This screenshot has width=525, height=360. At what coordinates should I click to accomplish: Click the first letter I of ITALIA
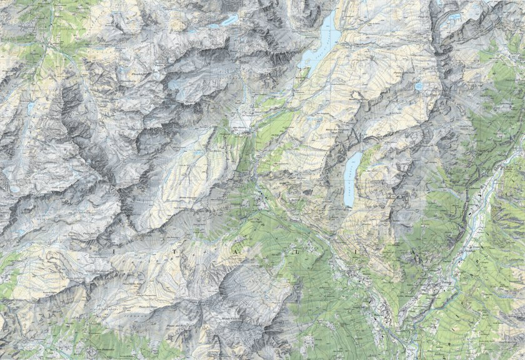pos(115,248)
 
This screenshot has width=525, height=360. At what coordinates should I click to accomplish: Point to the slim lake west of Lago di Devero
pos(227,21)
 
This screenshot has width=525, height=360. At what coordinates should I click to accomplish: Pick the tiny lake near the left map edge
pos(30,107)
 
